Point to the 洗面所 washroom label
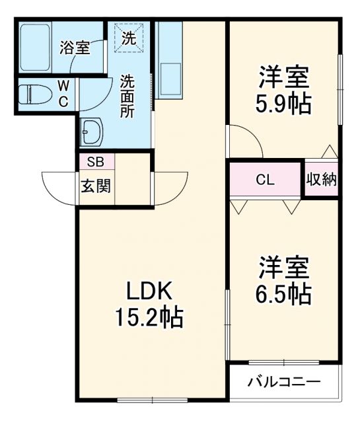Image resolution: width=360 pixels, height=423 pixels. [x=127, y=96]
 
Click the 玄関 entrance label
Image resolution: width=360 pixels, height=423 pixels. [x=96, y=185]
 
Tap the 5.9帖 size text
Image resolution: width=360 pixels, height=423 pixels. [x=283, y=105]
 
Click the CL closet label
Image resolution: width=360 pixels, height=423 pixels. [x=266, y=179]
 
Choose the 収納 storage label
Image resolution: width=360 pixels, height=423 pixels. [x=322, y=179]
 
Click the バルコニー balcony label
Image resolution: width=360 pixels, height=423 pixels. [x=284, y=382]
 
